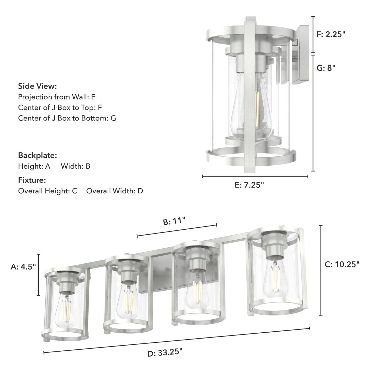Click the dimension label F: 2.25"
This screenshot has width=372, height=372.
tap(331, 34)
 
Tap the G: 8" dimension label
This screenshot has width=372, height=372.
tap(326, 68)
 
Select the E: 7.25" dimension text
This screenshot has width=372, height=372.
tap(249, 185)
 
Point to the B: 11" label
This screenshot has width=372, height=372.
tap(174, 221)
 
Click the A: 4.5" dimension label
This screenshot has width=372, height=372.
tap(23, 267)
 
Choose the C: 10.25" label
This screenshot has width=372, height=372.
tap(342, 264)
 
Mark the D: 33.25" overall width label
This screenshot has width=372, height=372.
tap(165, 352)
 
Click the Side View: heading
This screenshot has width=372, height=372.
tap(37, 86)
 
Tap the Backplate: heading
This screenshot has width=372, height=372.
tap(37, 155)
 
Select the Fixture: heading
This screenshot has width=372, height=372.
tap(32, 180)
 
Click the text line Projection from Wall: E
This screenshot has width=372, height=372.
tap(57, 97)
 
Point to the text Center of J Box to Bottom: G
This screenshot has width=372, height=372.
tap(67, 118)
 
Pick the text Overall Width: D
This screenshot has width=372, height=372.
tap(115, 191)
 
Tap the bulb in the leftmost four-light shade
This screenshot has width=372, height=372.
tap(66, 309)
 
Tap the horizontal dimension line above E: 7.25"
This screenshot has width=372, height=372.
tap(255, 176)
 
